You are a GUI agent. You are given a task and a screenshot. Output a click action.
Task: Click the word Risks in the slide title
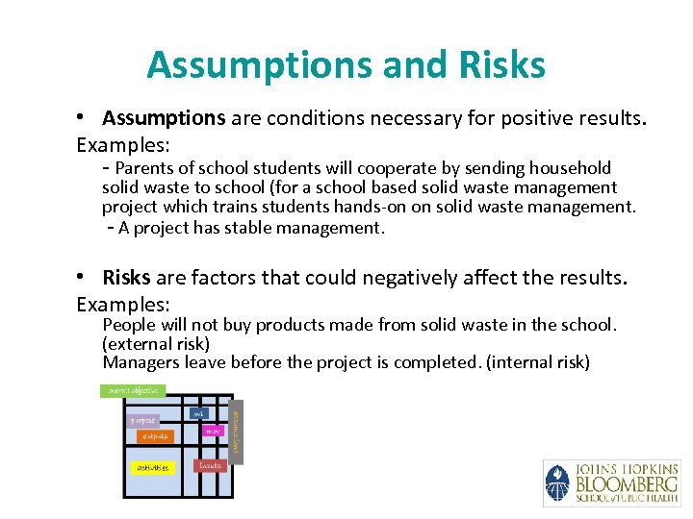pyautogui.click(x=504, y=65)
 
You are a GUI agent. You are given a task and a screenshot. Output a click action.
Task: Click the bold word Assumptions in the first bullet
pyautogui.click(x=164, y=118)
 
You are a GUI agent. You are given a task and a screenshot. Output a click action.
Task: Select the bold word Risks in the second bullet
pyautogui.click(x=127, y=278)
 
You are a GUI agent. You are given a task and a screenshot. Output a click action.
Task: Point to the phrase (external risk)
pyautogui.click(x=156, y=343)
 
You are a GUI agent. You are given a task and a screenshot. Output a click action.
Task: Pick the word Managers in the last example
pyautogui.click(x=141, y=361)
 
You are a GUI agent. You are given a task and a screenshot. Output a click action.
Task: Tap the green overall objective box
pyautogui.click(x=133, y=391)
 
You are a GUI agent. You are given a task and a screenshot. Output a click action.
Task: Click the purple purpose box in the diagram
pyautogui.click(x=143, y=420)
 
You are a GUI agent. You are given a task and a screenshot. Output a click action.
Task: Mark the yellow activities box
pyautogui.click(x=152, y=468)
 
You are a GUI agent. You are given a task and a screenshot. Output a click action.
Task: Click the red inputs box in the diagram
pyautogui.click(x=210, y=465)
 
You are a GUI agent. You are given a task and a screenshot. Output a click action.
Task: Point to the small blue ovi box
pyautogui.click(x=198, y=414)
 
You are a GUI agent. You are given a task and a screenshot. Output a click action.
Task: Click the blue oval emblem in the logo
pyautogui.click(x=557, y=482)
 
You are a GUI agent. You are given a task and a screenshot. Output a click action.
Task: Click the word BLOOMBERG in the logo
pyautogui.click(x=627, y=483)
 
